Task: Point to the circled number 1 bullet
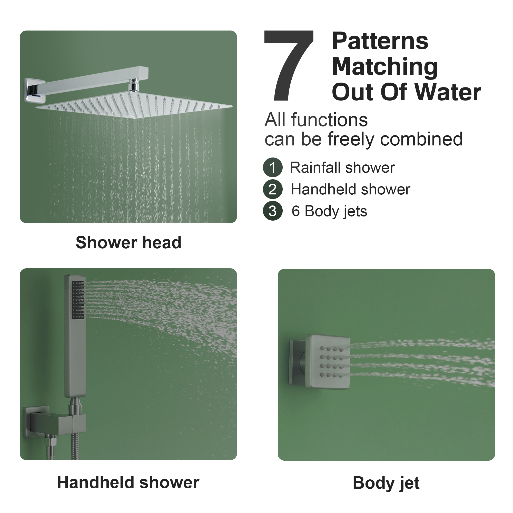point(272,167)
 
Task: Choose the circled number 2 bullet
point(272,189)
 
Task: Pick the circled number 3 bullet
point(272,211)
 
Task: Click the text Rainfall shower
point(342,167)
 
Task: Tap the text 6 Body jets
point(329,211)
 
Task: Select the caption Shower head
point(129,242)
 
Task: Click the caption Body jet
point(386,483)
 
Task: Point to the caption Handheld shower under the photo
point(128,482)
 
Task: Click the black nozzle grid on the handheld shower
point(78,300)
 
